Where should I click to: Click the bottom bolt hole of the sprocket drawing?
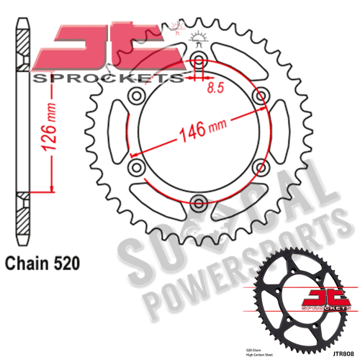pos(199,200)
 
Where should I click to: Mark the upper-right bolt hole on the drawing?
pos(259,96)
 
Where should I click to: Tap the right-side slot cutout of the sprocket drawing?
pos(282,131)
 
